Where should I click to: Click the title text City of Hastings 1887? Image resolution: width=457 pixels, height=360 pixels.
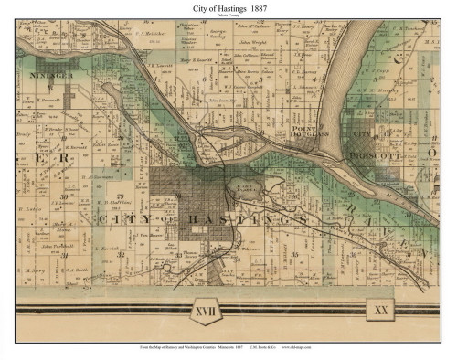coord(228,7)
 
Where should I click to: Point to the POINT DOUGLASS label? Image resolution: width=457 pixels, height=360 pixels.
coord(310,136)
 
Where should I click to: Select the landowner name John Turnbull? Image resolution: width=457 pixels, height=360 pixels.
coord(57,247)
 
